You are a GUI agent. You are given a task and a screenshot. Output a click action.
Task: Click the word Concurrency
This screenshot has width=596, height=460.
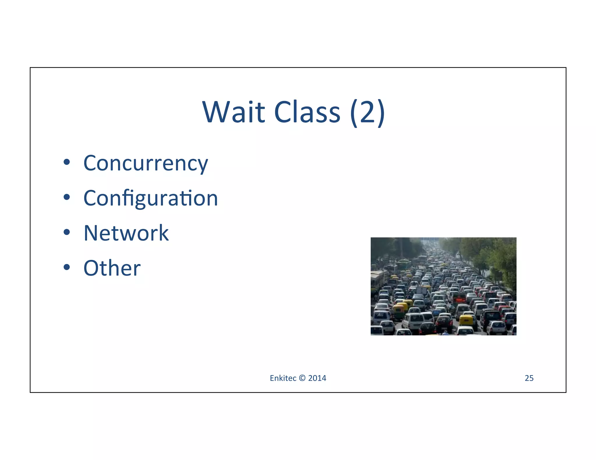tap(146, 163)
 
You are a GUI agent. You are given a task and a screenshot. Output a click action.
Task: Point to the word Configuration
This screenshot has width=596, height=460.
tap(150, 199)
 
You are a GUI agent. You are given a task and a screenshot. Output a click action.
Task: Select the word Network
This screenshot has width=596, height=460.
tap(126, 233)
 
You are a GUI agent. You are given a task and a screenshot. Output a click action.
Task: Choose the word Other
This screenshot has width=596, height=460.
tap(112, 268)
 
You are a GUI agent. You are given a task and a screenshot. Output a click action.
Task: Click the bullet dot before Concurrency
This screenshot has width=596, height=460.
tap(67, 162)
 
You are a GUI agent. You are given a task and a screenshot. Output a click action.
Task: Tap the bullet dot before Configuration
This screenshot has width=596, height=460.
tap(67, 197)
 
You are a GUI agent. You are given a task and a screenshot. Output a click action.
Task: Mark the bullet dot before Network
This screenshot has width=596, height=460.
tap(67, 232)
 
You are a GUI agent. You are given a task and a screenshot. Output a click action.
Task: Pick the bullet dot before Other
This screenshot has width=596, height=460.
tap(67, 267)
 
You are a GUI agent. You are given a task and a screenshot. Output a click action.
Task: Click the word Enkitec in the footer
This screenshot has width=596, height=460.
tap(283, 378)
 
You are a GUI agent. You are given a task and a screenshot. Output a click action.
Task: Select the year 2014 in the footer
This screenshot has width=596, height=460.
tap(317, 378)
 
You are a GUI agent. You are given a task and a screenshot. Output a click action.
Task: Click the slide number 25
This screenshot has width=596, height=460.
tap(529, 378)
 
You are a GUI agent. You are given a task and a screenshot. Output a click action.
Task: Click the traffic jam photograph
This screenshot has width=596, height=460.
tap(443, 286)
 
